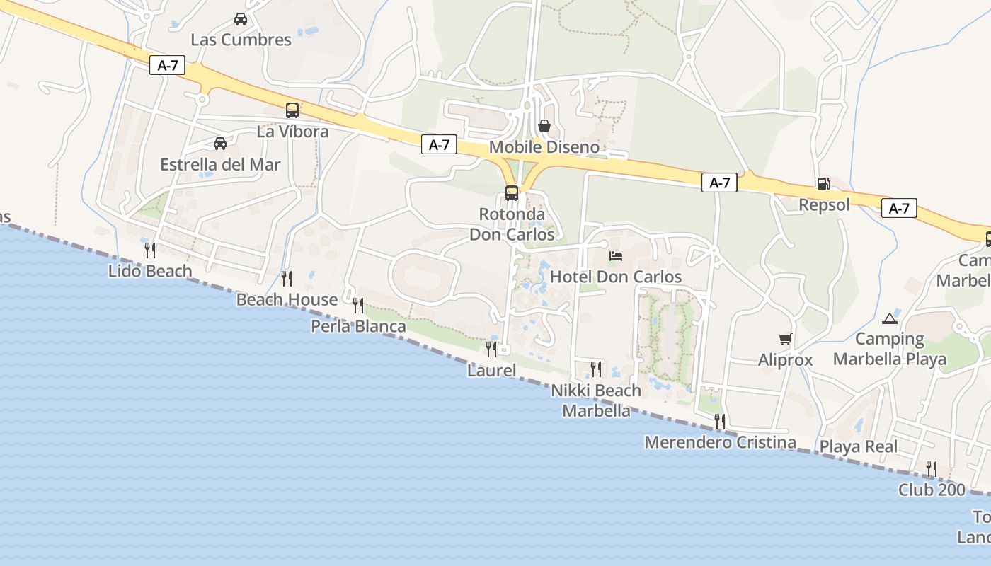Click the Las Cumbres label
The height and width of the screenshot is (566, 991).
pos(241,40)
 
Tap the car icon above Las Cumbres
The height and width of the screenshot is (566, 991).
pos(241,19)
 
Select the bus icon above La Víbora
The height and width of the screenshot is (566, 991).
pos(292,110)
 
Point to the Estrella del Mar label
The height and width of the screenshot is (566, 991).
pos(220,165)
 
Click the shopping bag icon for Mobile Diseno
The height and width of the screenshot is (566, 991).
pos(544,126)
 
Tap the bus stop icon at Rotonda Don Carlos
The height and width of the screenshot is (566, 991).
pos(511,192)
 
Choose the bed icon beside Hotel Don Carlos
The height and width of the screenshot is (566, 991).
pos(616,256)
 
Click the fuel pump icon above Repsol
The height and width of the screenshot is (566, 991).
pos(823,184)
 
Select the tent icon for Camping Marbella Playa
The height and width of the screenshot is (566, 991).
pos(890,318)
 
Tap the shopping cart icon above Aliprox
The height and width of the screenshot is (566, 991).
pos(785,340)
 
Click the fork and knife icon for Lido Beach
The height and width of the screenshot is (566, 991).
pos(150,250)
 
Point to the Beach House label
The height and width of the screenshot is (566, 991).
pos(287,299)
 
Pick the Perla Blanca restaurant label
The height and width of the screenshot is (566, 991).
pos(358,326)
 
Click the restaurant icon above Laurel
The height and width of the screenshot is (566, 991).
pos(491,349)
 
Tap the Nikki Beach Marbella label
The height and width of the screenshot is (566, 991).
pos(596,400)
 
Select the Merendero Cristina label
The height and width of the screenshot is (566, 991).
pos(720,442)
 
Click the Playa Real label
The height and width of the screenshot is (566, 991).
pos(858,446)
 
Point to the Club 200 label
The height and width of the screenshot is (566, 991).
pos(932,489)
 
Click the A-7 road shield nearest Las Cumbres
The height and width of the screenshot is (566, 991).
pos(168,66)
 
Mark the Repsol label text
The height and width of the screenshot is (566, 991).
pos(824,204)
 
